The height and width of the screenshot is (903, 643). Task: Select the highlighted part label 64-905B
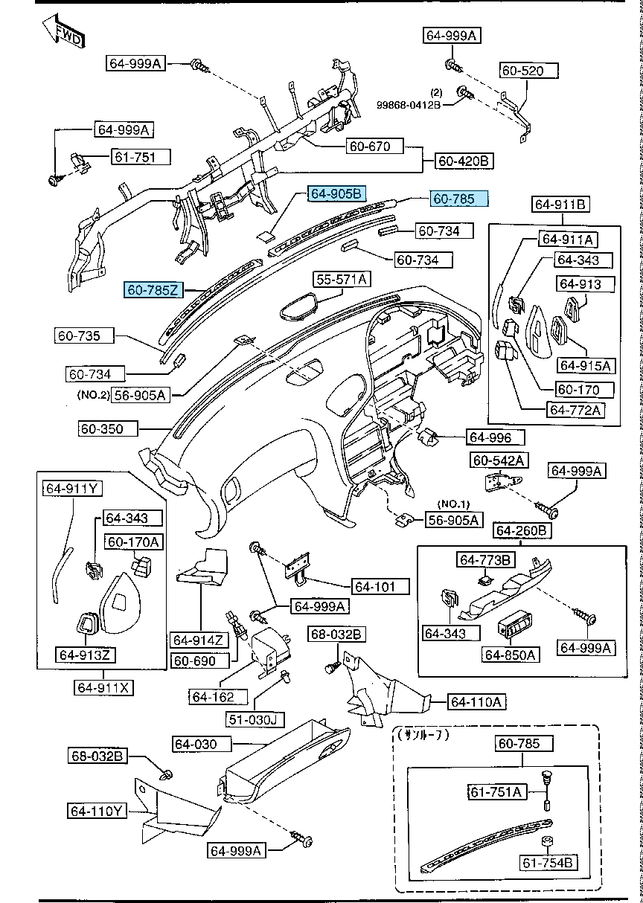coord(336,194)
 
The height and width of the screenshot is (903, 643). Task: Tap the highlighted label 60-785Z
coord(153,290)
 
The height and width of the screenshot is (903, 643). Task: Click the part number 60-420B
coord(463,161)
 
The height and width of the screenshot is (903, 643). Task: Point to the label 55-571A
coord(342,280)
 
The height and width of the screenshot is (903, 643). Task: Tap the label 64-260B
coord(522,530)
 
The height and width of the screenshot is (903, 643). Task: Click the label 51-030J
coord(253,719)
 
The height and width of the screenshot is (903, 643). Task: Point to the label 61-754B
coord(547,863)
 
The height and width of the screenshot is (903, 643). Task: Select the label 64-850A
coord(511,655)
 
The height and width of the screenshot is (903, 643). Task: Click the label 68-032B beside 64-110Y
coord(98,756)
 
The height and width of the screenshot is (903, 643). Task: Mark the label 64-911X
coord(103,687)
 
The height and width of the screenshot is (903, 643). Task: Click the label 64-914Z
coord(199,640)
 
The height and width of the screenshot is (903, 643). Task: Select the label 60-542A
coord(498,461)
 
